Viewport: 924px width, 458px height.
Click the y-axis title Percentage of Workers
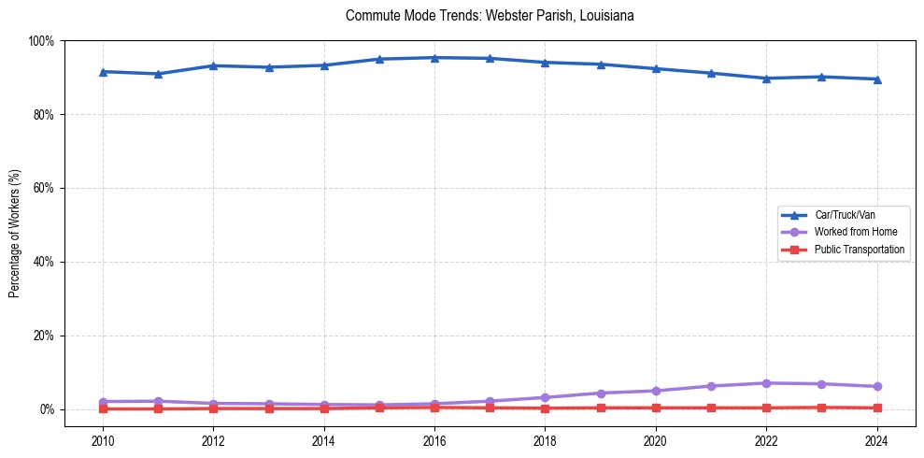tap(15, 224)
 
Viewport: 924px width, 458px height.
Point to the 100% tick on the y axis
tap(41, 41)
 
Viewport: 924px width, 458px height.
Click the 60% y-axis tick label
tap(43, 188)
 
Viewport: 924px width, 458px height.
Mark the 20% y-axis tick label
tap(43, 336)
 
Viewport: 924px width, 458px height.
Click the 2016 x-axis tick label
tap(434, 441)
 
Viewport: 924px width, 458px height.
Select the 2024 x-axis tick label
tap(876, 441)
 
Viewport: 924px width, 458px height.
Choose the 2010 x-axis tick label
tap(103, 441)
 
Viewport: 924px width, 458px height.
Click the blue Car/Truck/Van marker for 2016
tap(434, 58)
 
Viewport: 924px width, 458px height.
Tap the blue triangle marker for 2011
tap(158, 74)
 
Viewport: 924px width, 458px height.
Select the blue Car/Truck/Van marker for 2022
tap(766, 79)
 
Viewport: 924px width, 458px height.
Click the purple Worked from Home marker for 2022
tap(766, 383)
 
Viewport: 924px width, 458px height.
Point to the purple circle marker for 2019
tap(601, 394)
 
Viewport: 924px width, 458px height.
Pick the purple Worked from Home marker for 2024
tap(876, 387)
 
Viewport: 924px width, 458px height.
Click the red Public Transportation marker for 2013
tap(269, 408)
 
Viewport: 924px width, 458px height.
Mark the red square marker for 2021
tap(711, 408)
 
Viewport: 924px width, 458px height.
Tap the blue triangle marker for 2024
tap(876, 79)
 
